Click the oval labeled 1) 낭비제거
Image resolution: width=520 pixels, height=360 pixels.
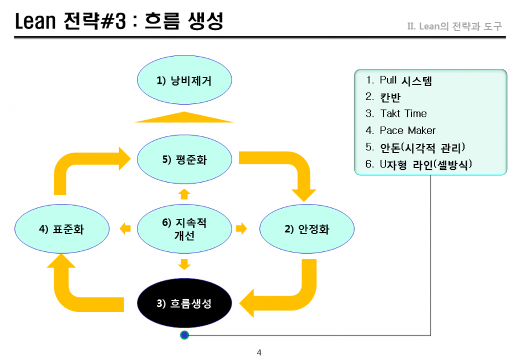[184, 80]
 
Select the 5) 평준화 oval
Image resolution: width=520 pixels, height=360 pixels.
[184, 159]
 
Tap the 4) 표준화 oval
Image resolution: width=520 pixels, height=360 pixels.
[62, 229]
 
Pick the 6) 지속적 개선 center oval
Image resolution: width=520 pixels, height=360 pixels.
[184, 229]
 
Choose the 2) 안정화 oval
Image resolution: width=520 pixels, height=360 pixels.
[307, 229]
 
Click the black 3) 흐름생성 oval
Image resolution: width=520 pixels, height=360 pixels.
[184, 303]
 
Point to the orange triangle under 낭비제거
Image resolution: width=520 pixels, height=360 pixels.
[184, 117]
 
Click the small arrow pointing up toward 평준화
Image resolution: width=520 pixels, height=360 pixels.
[184, 194]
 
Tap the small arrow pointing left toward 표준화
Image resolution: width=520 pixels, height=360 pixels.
[125, 229]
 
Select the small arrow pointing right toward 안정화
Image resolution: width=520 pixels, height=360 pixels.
[242, 229]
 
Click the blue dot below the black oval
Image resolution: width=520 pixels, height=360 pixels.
[184, 335]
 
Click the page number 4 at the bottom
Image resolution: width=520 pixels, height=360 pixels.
[259, 352]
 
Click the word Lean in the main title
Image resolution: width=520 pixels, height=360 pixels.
[35, 21]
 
